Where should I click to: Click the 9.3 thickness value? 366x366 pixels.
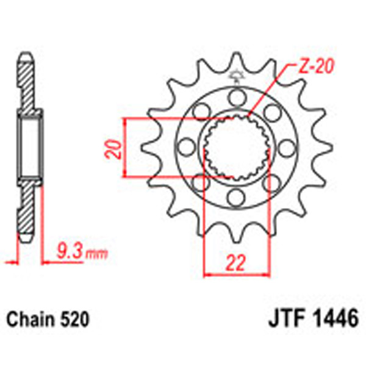68,250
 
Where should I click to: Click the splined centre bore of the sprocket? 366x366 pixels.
235,146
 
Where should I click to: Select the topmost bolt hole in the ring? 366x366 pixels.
235,96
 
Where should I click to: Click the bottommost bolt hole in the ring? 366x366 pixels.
235,197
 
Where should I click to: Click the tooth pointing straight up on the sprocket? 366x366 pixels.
235,61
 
